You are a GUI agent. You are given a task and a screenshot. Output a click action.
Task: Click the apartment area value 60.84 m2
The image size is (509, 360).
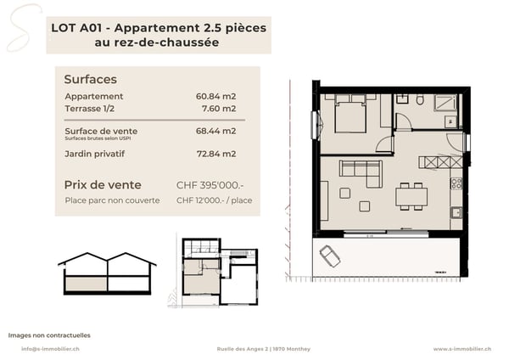(215, 97)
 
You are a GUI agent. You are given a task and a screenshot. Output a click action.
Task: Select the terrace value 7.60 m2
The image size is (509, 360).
(219, 109)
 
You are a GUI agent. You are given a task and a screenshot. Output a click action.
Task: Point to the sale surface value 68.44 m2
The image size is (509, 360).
(215, 131)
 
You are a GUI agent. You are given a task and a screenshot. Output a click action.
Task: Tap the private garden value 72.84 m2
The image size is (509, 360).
(216, 154)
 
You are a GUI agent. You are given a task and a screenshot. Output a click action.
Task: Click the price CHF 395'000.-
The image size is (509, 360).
(210, 185)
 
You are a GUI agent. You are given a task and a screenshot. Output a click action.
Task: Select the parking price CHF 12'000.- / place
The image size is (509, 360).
(215, 200)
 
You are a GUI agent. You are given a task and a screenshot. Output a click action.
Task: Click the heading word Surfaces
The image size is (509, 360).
(90, 79)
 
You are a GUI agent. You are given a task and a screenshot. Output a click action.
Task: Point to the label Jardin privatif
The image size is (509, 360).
(94, 154)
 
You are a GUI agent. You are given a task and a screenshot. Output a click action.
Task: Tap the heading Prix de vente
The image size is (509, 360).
(103, 185)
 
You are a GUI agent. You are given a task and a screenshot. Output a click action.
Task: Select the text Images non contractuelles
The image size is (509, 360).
(49, 335)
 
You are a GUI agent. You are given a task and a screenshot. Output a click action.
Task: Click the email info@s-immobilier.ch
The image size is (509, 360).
(50, 349)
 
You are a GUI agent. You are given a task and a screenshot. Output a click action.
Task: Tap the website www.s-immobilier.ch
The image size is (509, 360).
(462, 349)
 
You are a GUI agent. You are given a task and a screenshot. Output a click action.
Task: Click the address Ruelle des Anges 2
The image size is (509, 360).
(243, 349)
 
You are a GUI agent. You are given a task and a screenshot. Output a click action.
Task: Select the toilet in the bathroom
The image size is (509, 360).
(420, 99)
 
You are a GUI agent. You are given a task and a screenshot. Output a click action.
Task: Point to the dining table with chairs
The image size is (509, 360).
(411, 196)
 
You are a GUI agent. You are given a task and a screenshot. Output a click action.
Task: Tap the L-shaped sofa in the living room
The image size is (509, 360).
(361, 173)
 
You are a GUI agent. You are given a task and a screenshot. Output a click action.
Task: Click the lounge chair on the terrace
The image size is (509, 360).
(330, 256)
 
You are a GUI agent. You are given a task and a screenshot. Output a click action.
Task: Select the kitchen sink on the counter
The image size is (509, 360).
(456, 213)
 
